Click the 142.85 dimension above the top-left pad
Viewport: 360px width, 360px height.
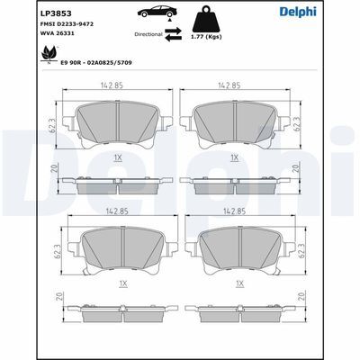coord(112,85)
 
